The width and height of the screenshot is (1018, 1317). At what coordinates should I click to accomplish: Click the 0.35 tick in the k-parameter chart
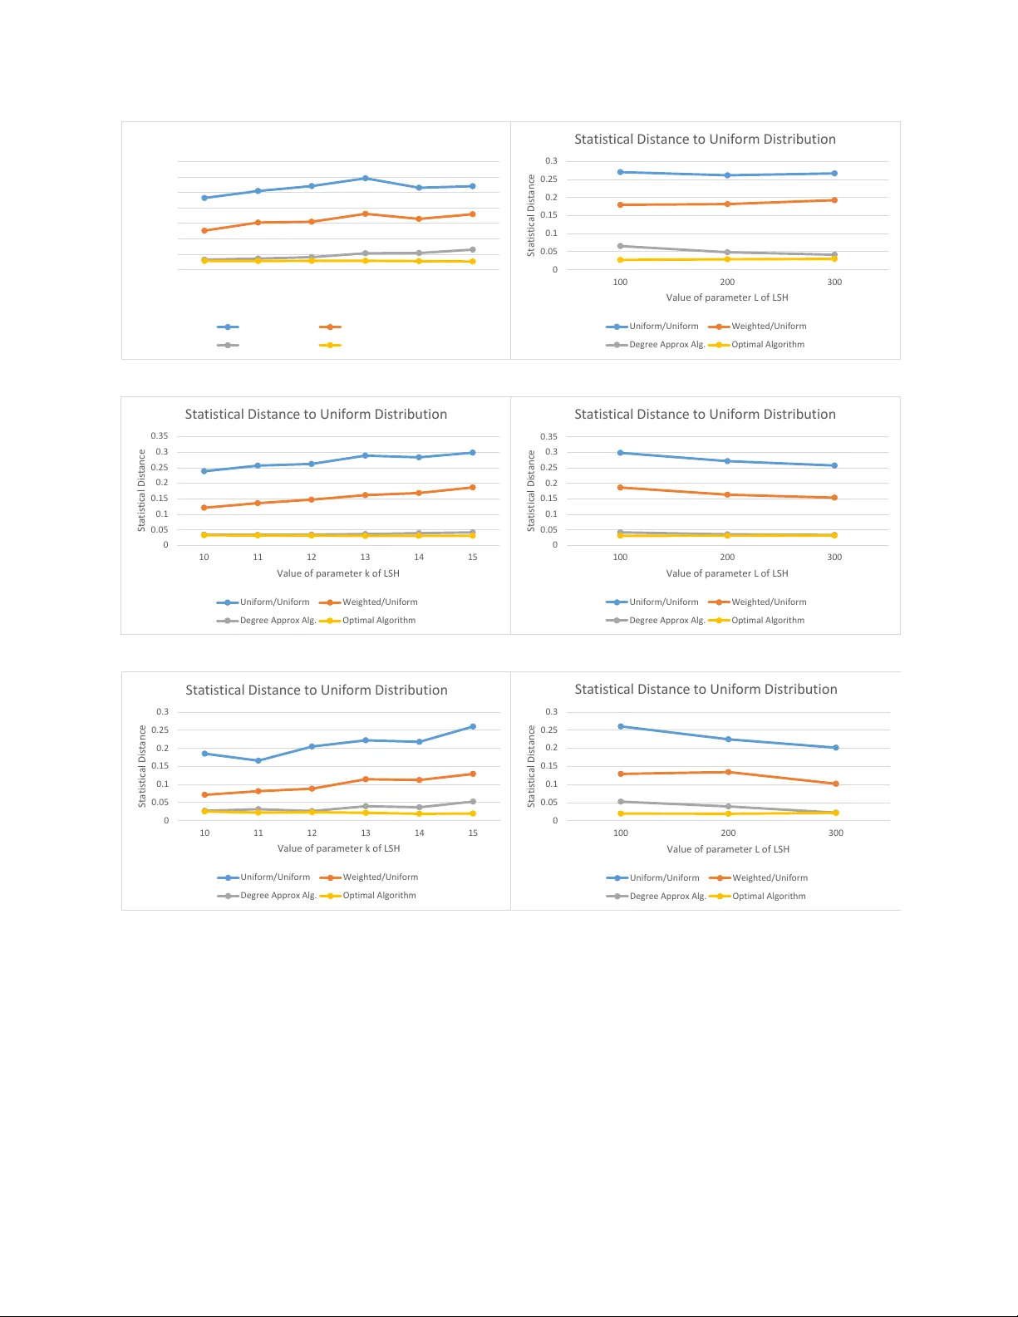click(159, 436)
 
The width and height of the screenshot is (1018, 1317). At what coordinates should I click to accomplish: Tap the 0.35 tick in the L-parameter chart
click(548, 436)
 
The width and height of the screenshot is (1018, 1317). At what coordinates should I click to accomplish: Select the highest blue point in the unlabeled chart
click(366, 179)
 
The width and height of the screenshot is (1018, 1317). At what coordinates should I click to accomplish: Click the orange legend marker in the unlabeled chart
click(330, 327)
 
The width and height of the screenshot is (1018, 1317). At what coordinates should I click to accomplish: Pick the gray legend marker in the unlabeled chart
click(228, 346)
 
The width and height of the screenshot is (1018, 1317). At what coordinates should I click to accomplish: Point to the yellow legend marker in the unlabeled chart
click(330, 346)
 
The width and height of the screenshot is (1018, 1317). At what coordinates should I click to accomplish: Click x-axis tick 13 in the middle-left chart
click(365, 558)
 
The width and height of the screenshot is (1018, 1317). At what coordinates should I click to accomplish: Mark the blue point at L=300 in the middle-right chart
click(834, 466)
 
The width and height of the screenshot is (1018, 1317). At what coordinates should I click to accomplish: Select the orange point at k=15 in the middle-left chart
click(473, 488)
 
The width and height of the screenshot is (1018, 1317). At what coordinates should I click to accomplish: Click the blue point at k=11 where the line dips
click(258, 761)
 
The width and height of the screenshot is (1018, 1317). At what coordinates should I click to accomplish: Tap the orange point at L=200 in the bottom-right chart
click(729, 773)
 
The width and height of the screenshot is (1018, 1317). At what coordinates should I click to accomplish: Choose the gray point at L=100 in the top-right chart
click(620, 246)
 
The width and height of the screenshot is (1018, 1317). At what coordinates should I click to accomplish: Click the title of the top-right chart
click(705, 140)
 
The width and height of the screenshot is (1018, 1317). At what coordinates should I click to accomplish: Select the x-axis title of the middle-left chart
click(338, 573)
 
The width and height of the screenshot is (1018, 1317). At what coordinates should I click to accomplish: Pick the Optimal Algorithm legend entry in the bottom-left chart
click(379, 896)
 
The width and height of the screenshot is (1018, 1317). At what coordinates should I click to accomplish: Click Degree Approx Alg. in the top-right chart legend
click(666, 345)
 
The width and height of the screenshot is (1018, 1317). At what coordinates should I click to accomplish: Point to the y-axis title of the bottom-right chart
click(532, 766)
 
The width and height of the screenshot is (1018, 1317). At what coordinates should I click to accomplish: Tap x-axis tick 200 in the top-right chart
click(727, 283)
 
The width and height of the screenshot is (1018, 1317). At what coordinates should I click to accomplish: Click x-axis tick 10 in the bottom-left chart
click(204, 833)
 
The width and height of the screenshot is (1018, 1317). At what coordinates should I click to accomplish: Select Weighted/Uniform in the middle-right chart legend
click(769, 602)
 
